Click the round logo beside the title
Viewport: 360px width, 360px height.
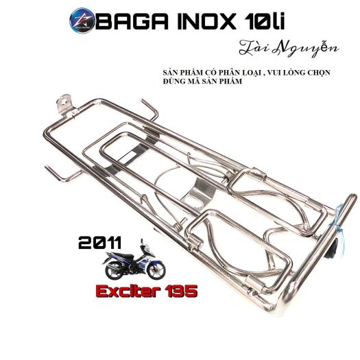click(x=82, y=21)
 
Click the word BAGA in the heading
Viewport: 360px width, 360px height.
click(x=132, y=21)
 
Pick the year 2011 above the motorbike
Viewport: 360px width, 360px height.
click(x=99, y=243)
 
